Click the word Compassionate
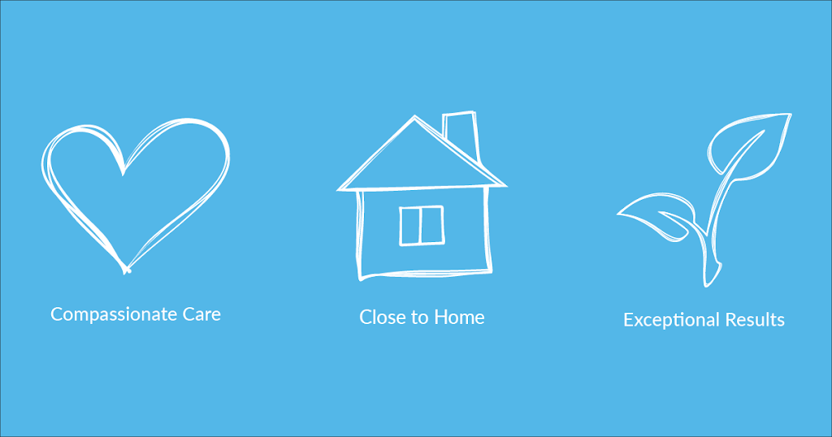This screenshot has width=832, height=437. coord(114,314)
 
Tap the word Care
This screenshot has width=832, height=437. coord(201,314)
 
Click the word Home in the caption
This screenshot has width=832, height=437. coord(460,317)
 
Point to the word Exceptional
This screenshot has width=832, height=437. coord(671,320)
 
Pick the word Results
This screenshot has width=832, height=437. coord(755,320)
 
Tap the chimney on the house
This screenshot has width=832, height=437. coord(461,132)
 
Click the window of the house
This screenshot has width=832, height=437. coord(422,225)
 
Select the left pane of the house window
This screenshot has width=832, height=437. coord(410,226)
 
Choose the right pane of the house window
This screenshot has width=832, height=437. coord(432,225)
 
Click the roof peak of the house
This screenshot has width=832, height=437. coord(414,116)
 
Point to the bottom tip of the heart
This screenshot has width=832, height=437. coord(126,272)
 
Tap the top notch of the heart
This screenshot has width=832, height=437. coord(123,173)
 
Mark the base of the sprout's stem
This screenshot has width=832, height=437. coord(708,284)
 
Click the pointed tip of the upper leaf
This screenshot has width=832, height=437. coord(790,115)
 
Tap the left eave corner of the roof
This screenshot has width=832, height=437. coord(339,189)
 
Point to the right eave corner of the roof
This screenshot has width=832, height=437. coord(505,185)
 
